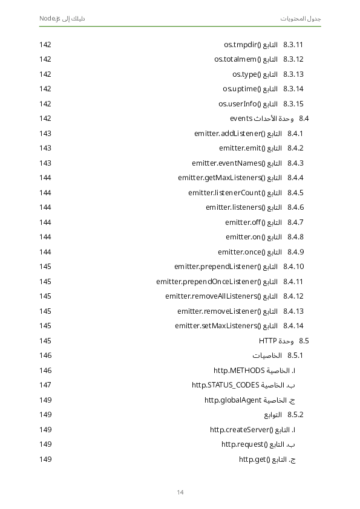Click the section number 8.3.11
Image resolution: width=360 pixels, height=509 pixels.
[x=293, y=45]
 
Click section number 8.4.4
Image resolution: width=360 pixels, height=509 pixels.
[x=295, y=178]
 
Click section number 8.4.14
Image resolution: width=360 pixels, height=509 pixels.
[x=293, y=326]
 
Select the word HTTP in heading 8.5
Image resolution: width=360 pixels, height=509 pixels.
[x=267, y=340]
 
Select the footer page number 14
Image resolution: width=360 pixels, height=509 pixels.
[x=180, y=492]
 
